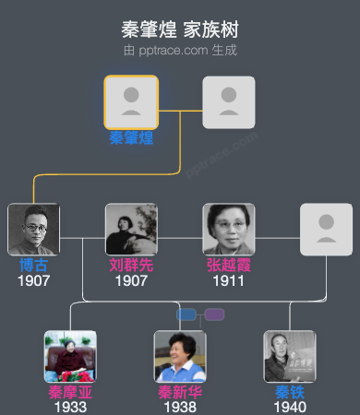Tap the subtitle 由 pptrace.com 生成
180,50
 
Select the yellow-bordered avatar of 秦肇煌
131,101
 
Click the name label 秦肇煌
131,138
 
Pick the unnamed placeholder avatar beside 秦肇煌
229,101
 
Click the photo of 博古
33,230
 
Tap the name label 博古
33,266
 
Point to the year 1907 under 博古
33,280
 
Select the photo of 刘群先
131,230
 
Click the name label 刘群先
131,266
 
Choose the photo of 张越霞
229,230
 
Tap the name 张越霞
229,266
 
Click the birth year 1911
229,280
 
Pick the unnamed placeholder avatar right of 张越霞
326,230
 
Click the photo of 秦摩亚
70,357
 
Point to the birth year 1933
70,407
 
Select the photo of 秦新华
180,357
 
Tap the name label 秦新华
180,393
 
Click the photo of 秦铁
290,357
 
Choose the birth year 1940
290,407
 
